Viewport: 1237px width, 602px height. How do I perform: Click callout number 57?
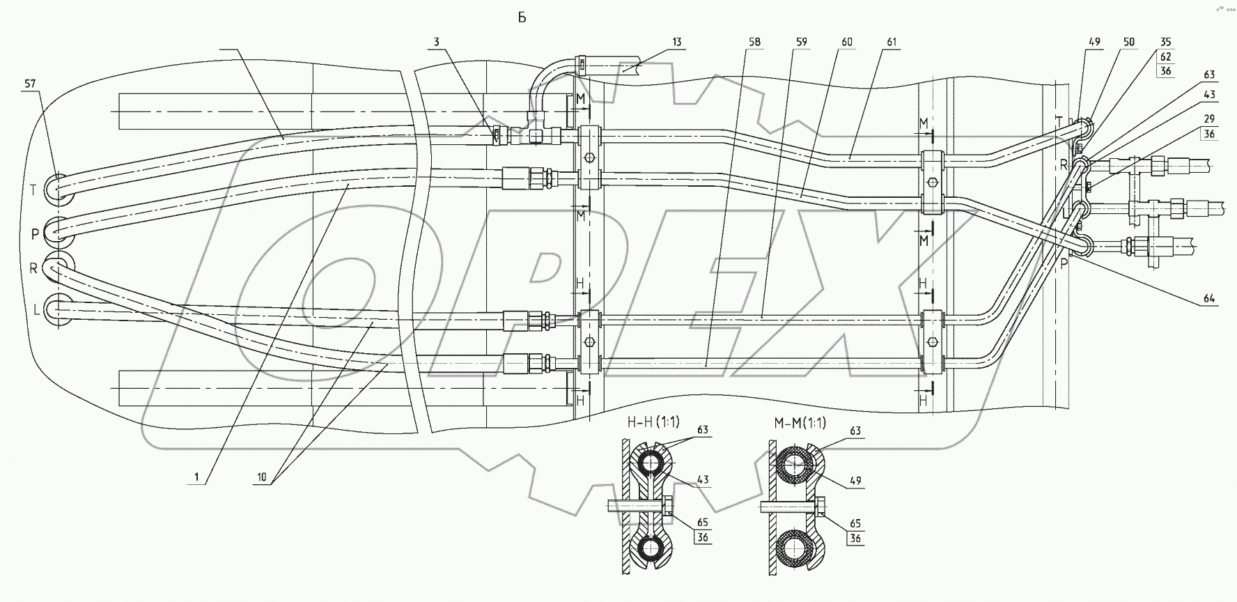(31, 84)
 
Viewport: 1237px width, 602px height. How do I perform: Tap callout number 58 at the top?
(754, 43)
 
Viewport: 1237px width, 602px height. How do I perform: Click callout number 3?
(436, 43)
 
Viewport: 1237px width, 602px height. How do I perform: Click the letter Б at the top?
(522, 18)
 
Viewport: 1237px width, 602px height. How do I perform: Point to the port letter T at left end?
(34, 189)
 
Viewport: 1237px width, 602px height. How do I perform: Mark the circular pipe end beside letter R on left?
(59, 268)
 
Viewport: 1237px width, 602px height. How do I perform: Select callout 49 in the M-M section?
(855, 480)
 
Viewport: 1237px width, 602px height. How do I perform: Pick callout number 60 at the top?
(846, 43)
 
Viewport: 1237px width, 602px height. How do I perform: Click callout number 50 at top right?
(1129, 43)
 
